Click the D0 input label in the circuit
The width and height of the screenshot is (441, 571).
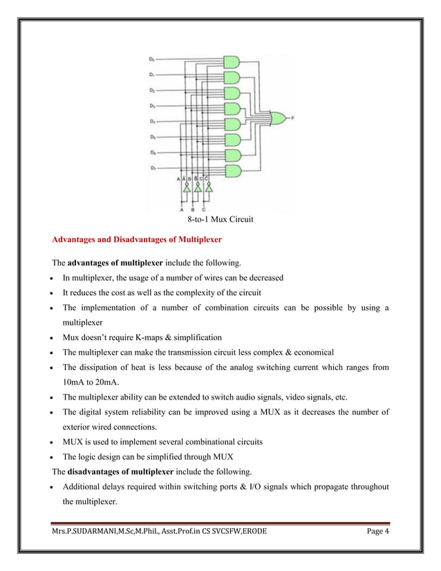[x=153, y=60]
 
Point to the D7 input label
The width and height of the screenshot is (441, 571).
[x=153, y=168]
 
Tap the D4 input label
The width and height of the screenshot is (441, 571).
[x=153, y=122]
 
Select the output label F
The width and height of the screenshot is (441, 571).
[x=292, y=118]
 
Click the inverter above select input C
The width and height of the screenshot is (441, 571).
[x=209, y=186]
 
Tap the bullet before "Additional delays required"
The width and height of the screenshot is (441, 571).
[x=55, y=487]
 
